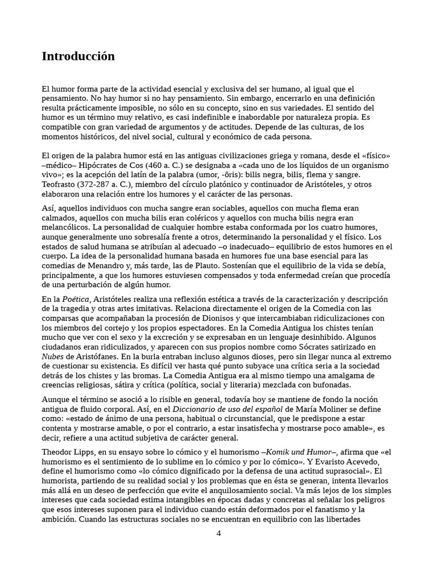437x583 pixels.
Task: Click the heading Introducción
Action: (78, 56)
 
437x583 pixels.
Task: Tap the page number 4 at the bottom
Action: (218, 533)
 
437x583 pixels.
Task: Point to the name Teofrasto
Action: (60, 184)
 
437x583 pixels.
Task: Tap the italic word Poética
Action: (75, 299)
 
